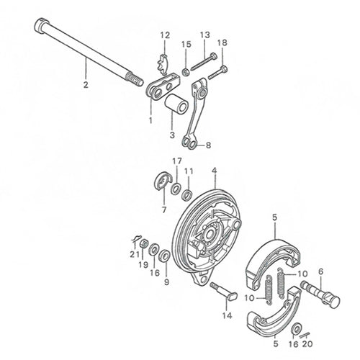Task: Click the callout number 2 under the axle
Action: tap(86, 85)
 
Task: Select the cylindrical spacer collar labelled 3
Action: tap(176, 105)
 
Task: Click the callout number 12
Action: tap(165, 35)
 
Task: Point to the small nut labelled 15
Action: tap(185, 71)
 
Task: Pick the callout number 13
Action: tap(205, 35)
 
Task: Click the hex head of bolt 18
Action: tap(225, 69)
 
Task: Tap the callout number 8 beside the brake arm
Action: tap(208, 145)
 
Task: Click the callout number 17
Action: tap(177, 161)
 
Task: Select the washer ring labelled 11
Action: tap(187, 195)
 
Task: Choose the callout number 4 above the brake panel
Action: tap(215, 171)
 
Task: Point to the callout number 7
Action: tap(164, 210)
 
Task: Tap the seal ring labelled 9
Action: tap(165, 256)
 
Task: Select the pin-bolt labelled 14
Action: tap(223, 291)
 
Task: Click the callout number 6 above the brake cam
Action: tap(321, 272)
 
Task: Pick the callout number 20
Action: tap(307, 343)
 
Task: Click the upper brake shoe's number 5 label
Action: tap(275, 217)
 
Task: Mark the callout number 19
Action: tap(143, 265)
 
